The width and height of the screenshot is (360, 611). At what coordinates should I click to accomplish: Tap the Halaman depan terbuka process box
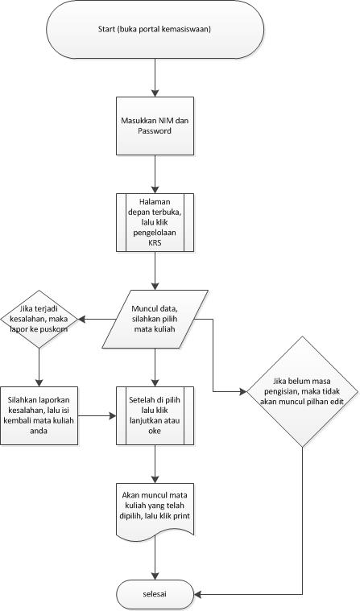point(154,226)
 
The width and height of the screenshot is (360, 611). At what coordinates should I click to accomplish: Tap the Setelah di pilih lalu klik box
point(154,415)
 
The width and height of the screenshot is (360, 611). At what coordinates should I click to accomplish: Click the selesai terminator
point(154,594)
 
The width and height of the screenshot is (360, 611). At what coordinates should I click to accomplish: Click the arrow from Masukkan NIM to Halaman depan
point(154,173)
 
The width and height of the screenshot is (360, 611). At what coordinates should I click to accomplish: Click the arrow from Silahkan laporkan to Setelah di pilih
point(96,415)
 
